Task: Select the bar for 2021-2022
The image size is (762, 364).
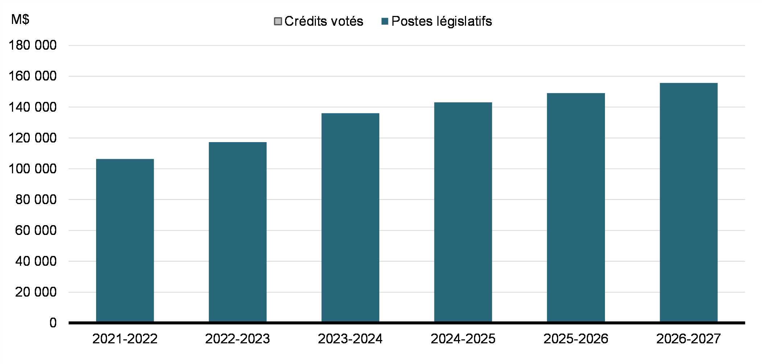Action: pos(125,240)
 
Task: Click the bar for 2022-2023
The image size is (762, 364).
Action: pos(238,232)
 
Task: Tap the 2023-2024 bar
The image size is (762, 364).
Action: pos(350,217)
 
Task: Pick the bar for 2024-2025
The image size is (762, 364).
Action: pos(463,212)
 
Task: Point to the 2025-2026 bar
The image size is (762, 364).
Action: pos(576,207)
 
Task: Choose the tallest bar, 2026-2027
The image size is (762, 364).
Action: pos(688,202)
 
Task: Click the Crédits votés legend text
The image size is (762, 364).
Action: pos(324,21)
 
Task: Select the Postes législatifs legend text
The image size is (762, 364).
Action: pos(442,21)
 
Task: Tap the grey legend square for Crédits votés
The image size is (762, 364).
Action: pos(278,21)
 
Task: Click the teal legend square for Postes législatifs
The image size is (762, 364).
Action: pos(385,21)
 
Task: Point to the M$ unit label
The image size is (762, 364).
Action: pos(20,19)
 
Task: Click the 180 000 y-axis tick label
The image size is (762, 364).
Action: pos(33,45)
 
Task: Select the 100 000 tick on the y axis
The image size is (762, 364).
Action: pos(33,169)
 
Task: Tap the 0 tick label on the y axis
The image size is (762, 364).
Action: pos(53,323)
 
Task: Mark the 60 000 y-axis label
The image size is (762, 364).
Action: pos(36,230)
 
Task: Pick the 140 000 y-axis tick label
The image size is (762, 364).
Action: pos(33,107)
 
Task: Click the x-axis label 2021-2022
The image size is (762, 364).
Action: pos(125,339)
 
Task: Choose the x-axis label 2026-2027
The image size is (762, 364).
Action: pos(688,339)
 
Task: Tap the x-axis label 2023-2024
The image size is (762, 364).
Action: pos(350,339)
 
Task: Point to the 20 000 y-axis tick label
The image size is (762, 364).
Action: pos(36,292)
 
